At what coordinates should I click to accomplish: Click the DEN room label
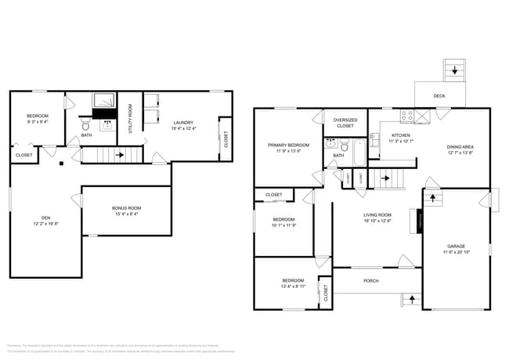coord(45,221)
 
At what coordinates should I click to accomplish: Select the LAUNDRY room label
coord(184,125)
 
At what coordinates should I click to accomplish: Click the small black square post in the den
coord(61,164)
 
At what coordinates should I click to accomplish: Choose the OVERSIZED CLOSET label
coord(345,123)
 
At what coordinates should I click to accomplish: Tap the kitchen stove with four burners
coord(407,116)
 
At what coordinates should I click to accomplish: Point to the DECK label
coord(440,96)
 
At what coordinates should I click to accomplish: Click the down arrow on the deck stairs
coord(453,72)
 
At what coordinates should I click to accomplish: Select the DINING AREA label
coord(460,150)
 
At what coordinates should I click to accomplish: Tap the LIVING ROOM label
coord(377,218)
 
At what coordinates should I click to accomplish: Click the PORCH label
coord(370,280)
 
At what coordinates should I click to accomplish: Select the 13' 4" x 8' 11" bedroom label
coord(293,283)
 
